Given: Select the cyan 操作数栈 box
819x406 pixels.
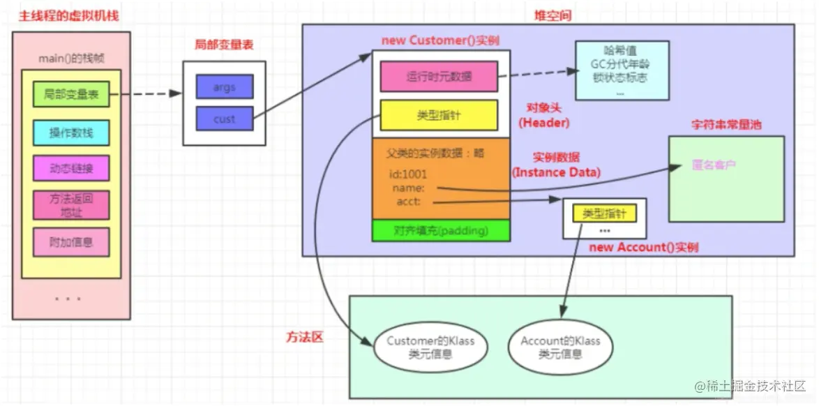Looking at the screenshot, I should (x=70, y=133).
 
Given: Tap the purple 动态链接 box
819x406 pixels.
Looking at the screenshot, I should (x=70, y=168).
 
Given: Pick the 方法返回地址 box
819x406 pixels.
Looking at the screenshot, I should (x=70, y=204).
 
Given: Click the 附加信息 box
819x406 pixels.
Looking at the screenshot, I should (x=70, y=242).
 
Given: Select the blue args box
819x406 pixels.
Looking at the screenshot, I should (x=224, y=87).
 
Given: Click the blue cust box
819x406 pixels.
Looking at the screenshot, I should (x=224, y=119).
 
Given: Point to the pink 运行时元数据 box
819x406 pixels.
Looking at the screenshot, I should (x=438, y=77).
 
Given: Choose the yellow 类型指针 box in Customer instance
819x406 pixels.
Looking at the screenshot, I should (x=438, y=115).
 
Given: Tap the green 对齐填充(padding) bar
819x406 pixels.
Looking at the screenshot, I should (x=441, y=230).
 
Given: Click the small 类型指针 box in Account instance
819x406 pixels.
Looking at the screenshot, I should (x=604, y=213).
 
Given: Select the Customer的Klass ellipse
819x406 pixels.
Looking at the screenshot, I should (x=430, y=347).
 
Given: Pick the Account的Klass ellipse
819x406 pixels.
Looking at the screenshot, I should (x=560, y=347).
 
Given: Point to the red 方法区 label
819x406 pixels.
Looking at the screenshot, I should (x=306, y=337).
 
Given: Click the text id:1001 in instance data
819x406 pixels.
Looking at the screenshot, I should (x=408, y=174).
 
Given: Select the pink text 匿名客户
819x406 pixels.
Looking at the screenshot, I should (x=713, y=165).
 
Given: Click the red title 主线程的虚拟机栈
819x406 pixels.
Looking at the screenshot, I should (x=67, y=15).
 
